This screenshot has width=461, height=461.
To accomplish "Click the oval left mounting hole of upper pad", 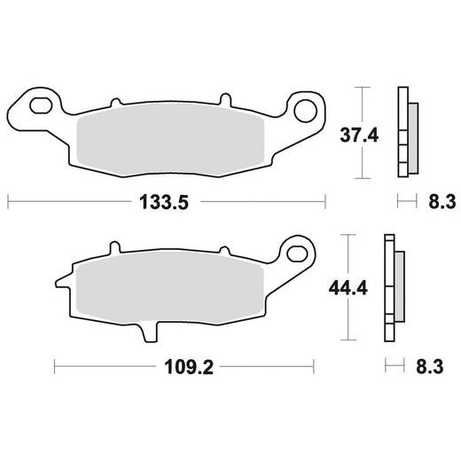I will point(40,108).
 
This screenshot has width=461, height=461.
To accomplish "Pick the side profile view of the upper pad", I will point(407,133).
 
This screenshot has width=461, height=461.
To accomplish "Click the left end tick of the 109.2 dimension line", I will point(55,364).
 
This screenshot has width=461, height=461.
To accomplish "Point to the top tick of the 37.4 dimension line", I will point(361,88).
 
